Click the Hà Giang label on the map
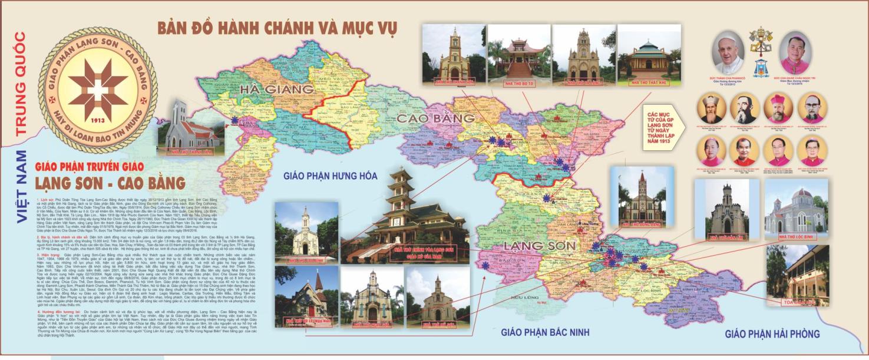[276, 90]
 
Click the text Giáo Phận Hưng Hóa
[330, 176]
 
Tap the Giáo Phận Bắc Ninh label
[545, 332]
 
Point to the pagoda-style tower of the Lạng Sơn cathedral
[404, 186]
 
